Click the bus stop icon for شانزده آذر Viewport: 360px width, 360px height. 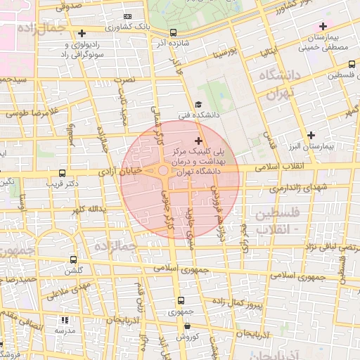(x=173, y=32)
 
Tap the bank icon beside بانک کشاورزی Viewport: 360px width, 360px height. (x=127, y=16)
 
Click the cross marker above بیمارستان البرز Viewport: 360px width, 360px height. (x=311, y=134)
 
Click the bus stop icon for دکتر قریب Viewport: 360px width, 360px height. (x=63, y=173)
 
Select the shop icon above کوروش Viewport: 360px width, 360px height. (x=188, y=326)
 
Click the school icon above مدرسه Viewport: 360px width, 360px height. (x=63, y=320)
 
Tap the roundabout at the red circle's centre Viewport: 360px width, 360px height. (x=163, y=171)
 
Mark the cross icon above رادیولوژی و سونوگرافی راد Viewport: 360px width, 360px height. (x=82, y=33)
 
